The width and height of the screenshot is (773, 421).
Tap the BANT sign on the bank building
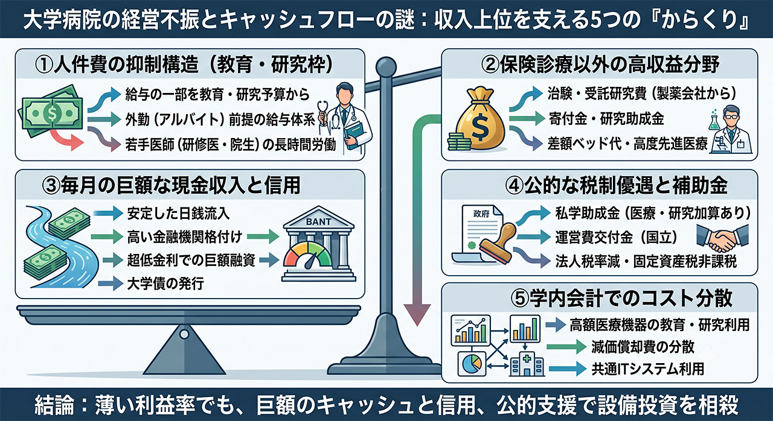click(x=318, y=222)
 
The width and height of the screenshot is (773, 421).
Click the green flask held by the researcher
click(x=714, y=121)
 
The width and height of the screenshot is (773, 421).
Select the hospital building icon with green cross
click(x=527, y=364)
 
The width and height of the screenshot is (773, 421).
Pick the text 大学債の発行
click(x=165, y=284)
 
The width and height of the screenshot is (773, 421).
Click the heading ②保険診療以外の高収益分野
click(x=600, y=65)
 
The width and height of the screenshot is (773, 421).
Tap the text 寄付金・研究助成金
click(x=606, y=118)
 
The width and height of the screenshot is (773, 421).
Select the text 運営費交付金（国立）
click(x=616, y=238)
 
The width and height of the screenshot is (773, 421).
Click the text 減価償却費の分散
click(x=643, y=347)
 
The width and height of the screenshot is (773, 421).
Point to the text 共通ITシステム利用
click(x=648, y=369)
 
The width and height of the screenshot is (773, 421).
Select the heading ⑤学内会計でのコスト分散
click(x=621, y=299)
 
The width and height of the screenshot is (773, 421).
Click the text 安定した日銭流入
click(x=178, y=214)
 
